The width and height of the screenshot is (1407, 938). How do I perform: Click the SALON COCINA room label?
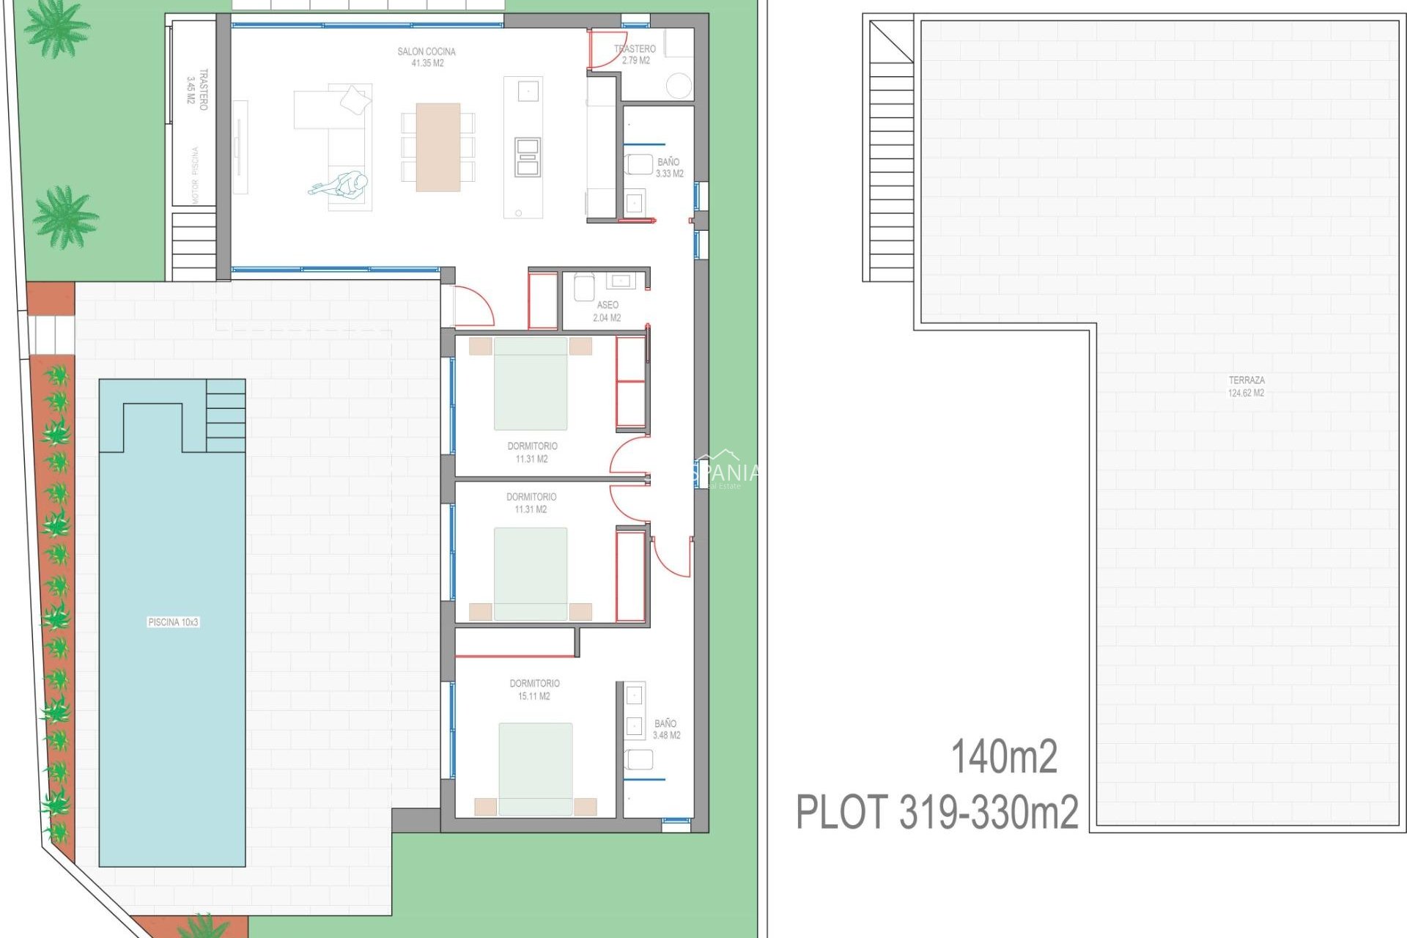(x=426, y=57)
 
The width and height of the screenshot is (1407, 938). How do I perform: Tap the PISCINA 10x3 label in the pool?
(x=173, y=622)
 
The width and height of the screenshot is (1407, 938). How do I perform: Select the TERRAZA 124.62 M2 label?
(x=1246, y=386)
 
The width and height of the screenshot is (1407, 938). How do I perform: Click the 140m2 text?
(x=1004, y=757)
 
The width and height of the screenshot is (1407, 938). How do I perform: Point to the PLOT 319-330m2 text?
(x=937, y=812)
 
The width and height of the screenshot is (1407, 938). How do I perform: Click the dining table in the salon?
(x=438, y=147)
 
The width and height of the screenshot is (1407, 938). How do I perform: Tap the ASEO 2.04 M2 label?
(x=607, y=311)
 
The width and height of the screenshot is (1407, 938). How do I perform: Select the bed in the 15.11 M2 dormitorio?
(x=536, y=769)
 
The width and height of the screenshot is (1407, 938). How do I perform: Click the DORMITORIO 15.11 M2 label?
(x=534, y=690)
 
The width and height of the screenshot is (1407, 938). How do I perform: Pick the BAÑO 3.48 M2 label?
(x=666, y=729)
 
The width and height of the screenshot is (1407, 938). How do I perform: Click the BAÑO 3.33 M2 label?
(x=669, y=168)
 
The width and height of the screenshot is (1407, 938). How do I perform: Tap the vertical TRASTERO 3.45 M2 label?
(x=197, y=89)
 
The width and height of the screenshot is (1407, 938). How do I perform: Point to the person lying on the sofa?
(x=341, y=185)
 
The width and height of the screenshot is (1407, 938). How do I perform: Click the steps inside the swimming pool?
(x=226, y=416)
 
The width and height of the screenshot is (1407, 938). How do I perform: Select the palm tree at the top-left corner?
(x=56, y=28)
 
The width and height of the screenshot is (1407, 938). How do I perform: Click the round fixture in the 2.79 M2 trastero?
(x=679, y=85)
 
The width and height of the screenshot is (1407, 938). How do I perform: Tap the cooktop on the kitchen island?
(x=528, y=157)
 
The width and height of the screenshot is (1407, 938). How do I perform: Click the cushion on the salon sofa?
(x=355, y=99)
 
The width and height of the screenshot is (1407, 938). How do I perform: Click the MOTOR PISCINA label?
(x=195, y=176)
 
